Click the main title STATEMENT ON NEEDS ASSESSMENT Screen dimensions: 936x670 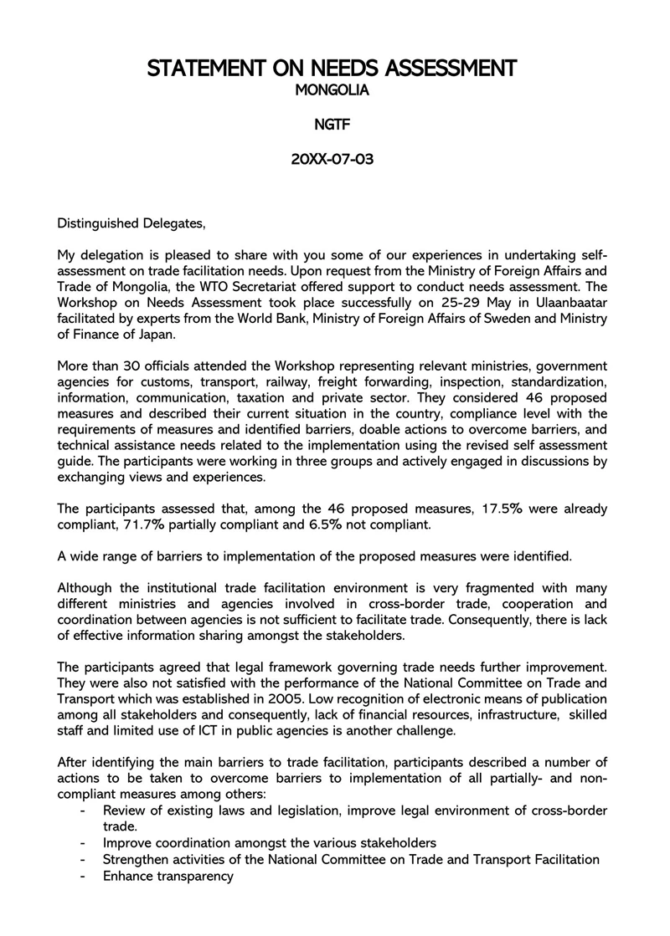(x=332, y=68)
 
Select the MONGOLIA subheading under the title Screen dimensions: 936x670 (x=332, y=90)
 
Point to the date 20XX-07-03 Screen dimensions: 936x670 (x=332, y=159)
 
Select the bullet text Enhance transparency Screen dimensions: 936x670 (x=167, y=876)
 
